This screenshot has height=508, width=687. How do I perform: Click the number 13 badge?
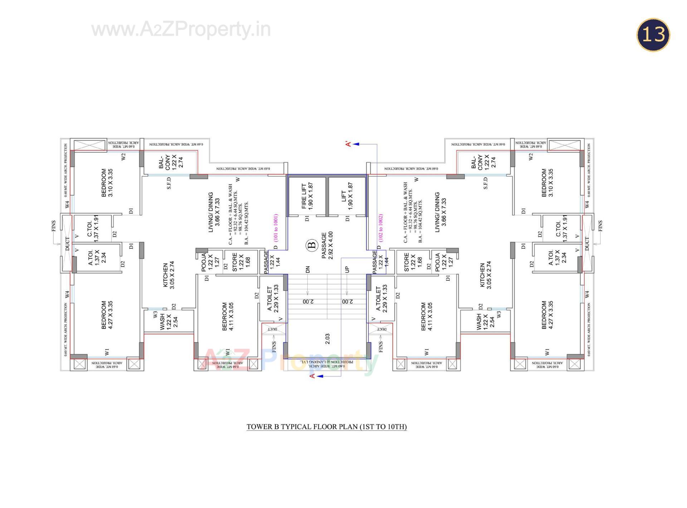[653, 35]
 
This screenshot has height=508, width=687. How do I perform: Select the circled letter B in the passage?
[312, 245]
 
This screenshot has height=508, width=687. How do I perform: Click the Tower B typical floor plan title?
[326, 426]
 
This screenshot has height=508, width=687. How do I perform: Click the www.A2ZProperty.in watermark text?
[181, 29]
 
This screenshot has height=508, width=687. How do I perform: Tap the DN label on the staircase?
[308, 270]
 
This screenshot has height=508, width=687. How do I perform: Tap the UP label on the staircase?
[347, 270]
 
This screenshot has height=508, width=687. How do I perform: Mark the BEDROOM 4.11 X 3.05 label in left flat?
[228, 316]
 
